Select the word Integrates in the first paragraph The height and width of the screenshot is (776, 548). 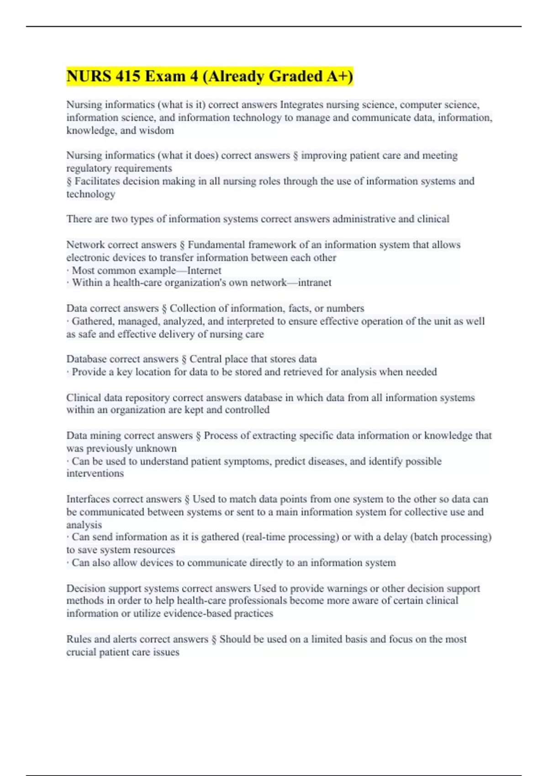point(301,105)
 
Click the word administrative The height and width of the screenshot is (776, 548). point(364,219)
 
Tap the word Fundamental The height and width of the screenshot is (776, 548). point(216,245)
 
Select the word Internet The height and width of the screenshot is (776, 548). point(204,271)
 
